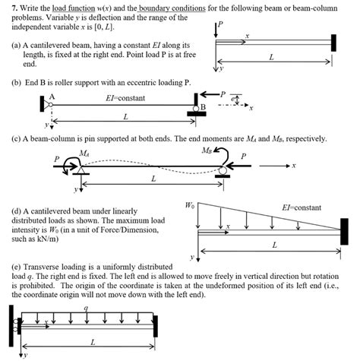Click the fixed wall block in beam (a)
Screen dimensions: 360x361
tap(333, 43)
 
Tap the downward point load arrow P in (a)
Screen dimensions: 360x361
tap(216, 30)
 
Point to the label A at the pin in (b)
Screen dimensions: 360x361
tap(52, 97)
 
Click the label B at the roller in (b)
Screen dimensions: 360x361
tap(203, 107)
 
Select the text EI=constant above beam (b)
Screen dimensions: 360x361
tap(125, 98)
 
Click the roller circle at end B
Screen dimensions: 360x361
tap(196, 109)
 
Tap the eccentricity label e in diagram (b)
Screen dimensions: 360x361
tap(232, 99)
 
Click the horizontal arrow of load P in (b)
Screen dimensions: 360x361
tap(210, 94)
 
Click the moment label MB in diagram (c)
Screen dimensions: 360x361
tap(207, 150)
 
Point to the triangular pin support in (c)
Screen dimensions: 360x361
tap(81, 170)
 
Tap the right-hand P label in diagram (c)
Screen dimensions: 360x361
tap(243, 156)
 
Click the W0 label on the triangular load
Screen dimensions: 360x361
tap(190, 205)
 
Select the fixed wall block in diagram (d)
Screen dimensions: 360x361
tap(344, 231)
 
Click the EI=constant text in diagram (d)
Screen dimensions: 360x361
tap(302, 207)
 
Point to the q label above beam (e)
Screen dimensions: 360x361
tap(86, 308)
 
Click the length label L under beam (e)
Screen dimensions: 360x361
tap(93, 343)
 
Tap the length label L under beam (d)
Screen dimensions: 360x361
tap(274, 245)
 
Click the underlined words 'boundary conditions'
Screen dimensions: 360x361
tap(172, 8)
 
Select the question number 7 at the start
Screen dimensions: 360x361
tap(14, 8)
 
